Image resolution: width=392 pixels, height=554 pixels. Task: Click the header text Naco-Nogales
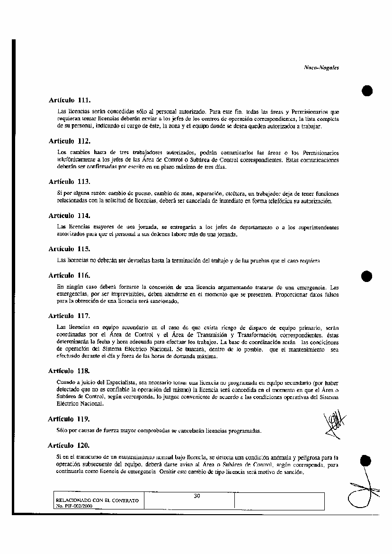[321, 68]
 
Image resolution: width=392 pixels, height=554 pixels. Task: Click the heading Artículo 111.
[69, 101]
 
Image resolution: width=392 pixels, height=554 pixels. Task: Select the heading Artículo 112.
[69, 141]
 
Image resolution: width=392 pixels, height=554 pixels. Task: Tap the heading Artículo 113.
[69, 182]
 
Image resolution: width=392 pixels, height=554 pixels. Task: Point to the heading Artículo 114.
[69, 216]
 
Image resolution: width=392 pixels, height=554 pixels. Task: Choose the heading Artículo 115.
[69, 249]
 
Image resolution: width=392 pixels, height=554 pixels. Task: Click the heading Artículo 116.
[69, 275]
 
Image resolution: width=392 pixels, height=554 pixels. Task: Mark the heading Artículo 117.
[69, 316]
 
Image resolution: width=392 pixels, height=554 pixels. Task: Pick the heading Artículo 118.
[69, 370]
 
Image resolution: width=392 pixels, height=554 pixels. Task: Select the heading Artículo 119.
[69, 419]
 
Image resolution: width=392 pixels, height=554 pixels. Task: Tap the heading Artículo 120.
[69, 446]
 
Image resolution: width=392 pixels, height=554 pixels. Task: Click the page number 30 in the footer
[197, 496]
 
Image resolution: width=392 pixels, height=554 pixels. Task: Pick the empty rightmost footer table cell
[279, 501]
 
